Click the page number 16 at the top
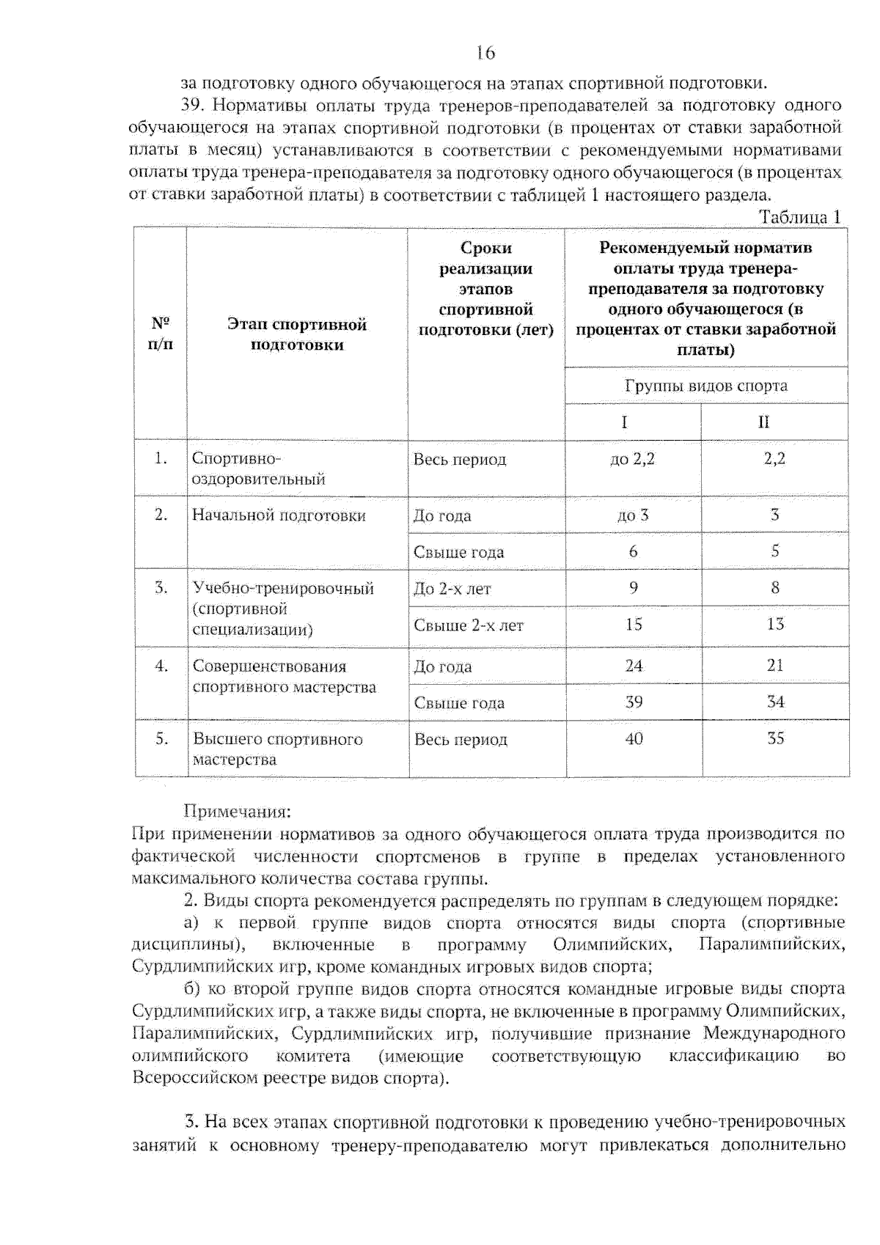(485, 52)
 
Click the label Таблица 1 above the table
(799, 217)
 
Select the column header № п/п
(161, 334)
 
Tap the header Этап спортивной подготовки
(297, 334)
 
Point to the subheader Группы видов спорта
(705, 386)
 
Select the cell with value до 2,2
(632, 459)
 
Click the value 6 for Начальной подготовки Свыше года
(633, 551)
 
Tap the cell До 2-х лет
(452, 589)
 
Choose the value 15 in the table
(633, 625)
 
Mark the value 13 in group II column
(775, 624)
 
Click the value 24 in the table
(634, 666)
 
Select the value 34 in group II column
(775, 702)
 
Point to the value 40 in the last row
(634, 738)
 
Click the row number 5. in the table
(161, 738)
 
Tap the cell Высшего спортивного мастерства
(277, 749)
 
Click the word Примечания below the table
(237, 812)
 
